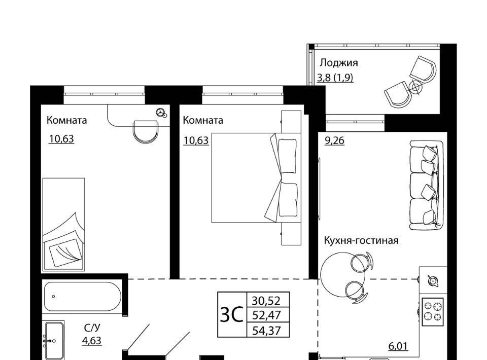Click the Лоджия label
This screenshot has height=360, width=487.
pyautogui.click(x=338, y=63)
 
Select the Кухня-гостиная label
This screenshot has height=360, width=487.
pyautogui.click(x=361, y=240)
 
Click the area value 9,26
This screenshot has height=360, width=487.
pyautogui.click(x=334, y=140)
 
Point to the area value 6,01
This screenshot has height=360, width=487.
pyautogui.click(x=398, y=346)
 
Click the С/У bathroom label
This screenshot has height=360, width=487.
pyautogui.click(x=92, y=328)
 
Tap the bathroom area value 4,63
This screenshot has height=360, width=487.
pyautogui.click(x=92, y=340)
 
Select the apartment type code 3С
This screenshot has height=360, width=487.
pyautogui.click(x=231, y=315)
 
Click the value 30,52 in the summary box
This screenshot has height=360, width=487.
pyautogui.click(x=266, y=300)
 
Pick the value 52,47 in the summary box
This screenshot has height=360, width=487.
pyautogui.click(x=266, y=315)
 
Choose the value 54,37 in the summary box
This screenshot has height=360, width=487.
pyautogui.click(x=266, y=331)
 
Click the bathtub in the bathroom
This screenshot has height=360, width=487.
pyautogui.click(x=82, y=297)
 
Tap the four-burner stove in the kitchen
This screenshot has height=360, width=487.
pyautogui.click(x=433, y=312)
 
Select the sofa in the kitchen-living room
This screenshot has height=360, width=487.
pyautogui.click(x=426, y=185)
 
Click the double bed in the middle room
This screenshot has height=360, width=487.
pyautogui.click(x=256, y=178)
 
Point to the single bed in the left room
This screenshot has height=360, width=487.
pyautogui.click(x=64, y=224)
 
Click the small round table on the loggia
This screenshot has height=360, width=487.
pyautogui.click(x=415, y=88)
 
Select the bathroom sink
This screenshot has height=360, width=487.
pyautogui.click(x=54, y=341)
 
